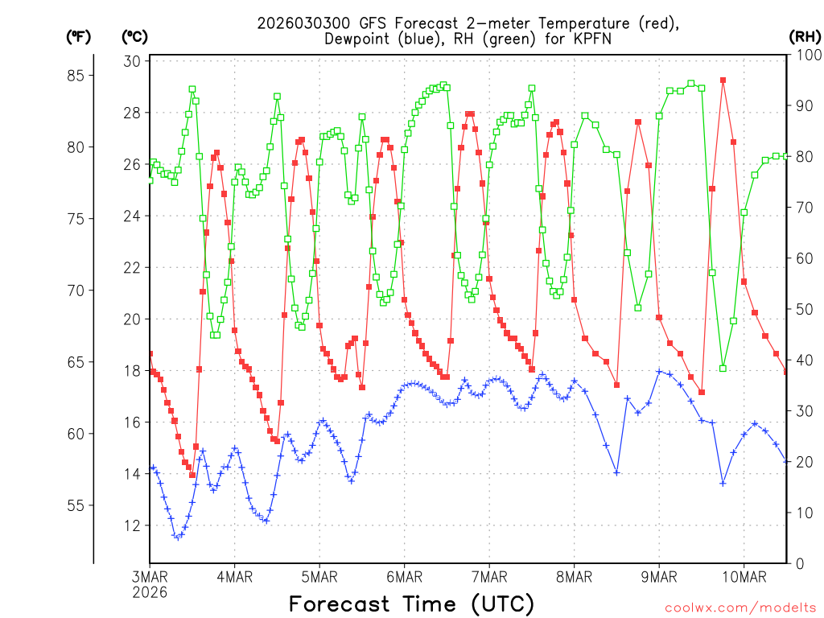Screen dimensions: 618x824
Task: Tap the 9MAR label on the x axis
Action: [659, 576]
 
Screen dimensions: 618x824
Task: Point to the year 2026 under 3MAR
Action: [150, 591]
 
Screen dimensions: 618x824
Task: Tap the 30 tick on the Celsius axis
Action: [133, 61]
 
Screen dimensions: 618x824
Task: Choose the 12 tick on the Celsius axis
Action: [133, 525]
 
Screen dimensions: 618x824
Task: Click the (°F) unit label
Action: [78, 36]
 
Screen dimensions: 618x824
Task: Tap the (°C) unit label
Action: [134, 36]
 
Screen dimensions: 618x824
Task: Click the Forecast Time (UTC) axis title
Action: [411, 604]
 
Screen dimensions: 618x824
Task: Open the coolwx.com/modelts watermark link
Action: [740, 607]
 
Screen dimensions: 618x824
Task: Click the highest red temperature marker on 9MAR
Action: [723, 80]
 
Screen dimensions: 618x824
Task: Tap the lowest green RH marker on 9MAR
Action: [723, 369]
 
